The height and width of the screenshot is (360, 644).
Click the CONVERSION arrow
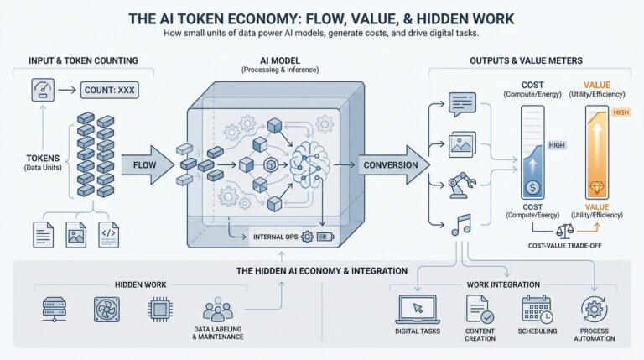[391, 165]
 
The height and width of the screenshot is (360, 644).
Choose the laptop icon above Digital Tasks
[418, 309]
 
